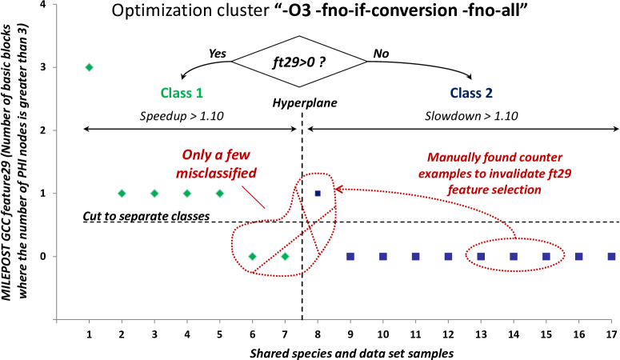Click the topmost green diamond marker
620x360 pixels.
pos(89,67)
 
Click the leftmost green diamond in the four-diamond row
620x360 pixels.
pos(122,193)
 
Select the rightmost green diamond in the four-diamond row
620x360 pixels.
pos(220,193)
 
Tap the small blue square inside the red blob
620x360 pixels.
pos(318,193)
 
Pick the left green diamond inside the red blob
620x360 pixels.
pos(252,256)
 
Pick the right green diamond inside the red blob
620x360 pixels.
pos(285,256)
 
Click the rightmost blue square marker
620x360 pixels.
pos(611,256)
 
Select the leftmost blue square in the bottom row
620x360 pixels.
pos(350,256)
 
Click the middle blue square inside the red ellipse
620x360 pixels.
pos(514,256)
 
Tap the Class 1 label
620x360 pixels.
pos(182,93)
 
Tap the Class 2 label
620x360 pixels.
pos(471,93)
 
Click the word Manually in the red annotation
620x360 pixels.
pos(454,158)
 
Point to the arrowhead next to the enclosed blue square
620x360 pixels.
pos(338,190)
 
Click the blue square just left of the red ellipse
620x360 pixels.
pos(448,256)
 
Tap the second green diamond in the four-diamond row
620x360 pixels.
pos(154,193)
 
